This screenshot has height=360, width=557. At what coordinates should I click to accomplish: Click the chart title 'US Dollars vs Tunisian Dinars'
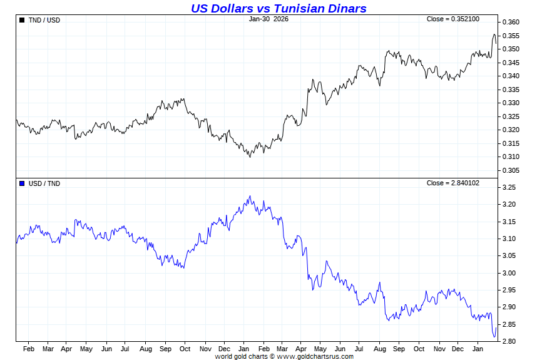point(278,8)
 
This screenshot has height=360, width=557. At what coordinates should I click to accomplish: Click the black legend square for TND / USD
point(22,20)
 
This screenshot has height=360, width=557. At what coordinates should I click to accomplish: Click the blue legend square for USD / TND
point(22,183)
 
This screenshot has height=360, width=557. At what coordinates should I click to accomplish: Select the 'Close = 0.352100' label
point(452,19)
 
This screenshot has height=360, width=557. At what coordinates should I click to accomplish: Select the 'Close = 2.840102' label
point(452,183)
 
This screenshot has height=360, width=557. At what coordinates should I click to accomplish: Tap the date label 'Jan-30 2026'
point(268,19)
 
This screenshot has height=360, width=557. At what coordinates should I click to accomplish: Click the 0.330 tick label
point(511,103)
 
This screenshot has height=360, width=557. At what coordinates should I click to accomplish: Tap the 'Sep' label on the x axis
point(165,349)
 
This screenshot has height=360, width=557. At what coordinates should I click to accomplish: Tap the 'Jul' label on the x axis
point(125,349)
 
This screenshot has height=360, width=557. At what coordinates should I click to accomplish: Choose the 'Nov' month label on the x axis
point(205,349)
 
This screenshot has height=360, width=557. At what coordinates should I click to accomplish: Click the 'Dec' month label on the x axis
point(225,349)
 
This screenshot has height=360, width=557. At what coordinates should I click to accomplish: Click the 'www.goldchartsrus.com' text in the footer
point(315,356)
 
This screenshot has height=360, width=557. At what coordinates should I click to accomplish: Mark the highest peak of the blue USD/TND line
point(250,196)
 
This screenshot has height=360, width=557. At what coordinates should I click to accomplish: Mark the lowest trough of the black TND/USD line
point(250,157)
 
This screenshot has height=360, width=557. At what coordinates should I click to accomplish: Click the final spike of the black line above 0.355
point(494,34)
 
